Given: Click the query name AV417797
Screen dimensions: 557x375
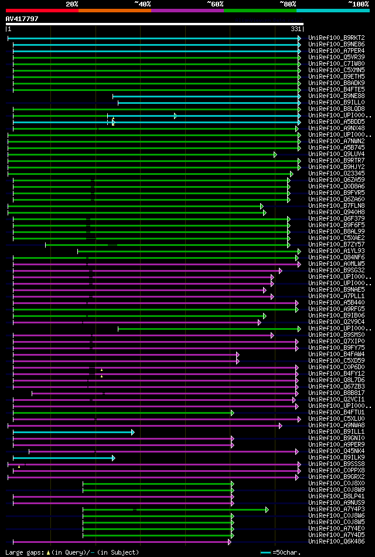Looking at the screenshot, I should (22, 19).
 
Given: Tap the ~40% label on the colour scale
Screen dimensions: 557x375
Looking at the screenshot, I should (142, 4).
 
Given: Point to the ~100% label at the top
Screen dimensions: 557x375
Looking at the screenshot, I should (358, 4).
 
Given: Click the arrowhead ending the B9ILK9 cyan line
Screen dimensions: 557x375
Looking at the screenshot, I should (114, 457).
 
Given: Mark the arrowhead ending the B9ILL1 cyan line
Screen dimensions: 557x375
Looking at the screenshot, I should (133, 431).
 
